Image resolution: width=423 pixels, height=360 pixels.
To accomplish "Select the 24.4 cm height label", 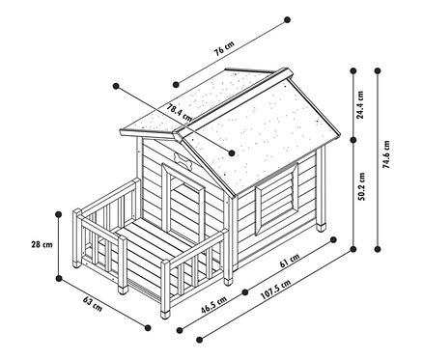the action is click(x=359, y=99).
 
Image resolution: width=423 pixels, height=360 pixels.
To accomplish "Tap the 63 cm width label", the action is click(x=93, y=302).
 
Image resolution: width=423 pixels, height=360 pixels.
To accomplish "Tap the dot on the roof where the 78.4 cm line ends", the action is click(x=232, y=152).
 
